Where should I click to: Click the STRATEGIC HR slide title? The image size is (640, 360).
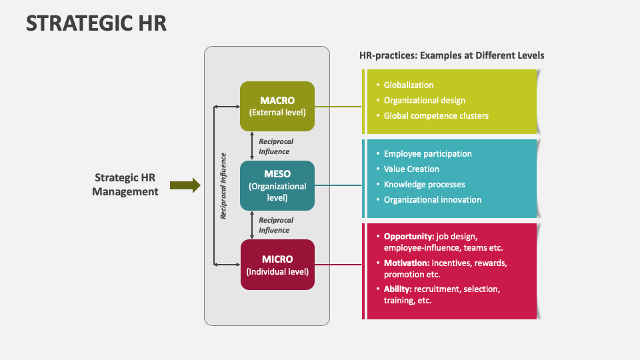coord(96,23)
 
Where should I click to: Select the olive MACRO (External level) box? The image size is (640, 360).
coord(277,106)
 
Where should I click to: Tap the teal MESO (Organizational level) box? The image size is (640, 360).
coord(277,186)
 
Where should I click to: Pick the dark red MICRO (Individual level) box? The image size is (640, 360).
coord(277,265)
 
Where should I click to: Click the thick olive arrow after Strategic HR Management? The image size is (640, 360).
coord(185,185)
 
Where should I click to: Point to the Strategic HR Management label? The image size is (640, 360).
coord(125,185)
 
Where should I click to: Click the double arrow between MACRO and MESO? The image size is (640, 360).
coord(252,146)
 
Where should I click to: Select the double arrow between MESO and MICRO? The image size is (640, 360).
coord(252,225)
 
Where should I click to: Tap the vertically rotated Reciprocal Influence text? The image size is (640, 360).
coord(223,186)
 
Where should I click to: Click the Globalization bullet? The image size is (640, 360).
coord(409,85)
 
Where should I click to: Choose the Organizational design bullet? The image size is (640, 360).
coord(425,101)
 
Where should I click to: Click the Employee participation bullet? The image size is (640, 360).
coord(428,154)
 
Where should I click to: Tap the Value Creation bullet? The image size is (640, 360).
coord(411,169)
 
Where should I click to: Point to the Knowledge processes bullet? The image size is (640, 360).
coord(424,185)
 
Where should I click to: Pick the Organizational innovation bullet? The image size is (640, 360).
coord(432,199)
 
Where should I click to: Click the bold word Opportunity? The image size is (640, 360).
coord(409,237)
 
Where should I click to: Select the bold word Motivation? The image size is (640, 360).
coord(407,263)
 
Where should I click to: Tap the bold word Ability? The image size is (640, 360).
coord(398,289)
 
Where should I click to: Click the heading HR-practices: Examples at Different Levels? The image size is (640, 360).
coord(452,55)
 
